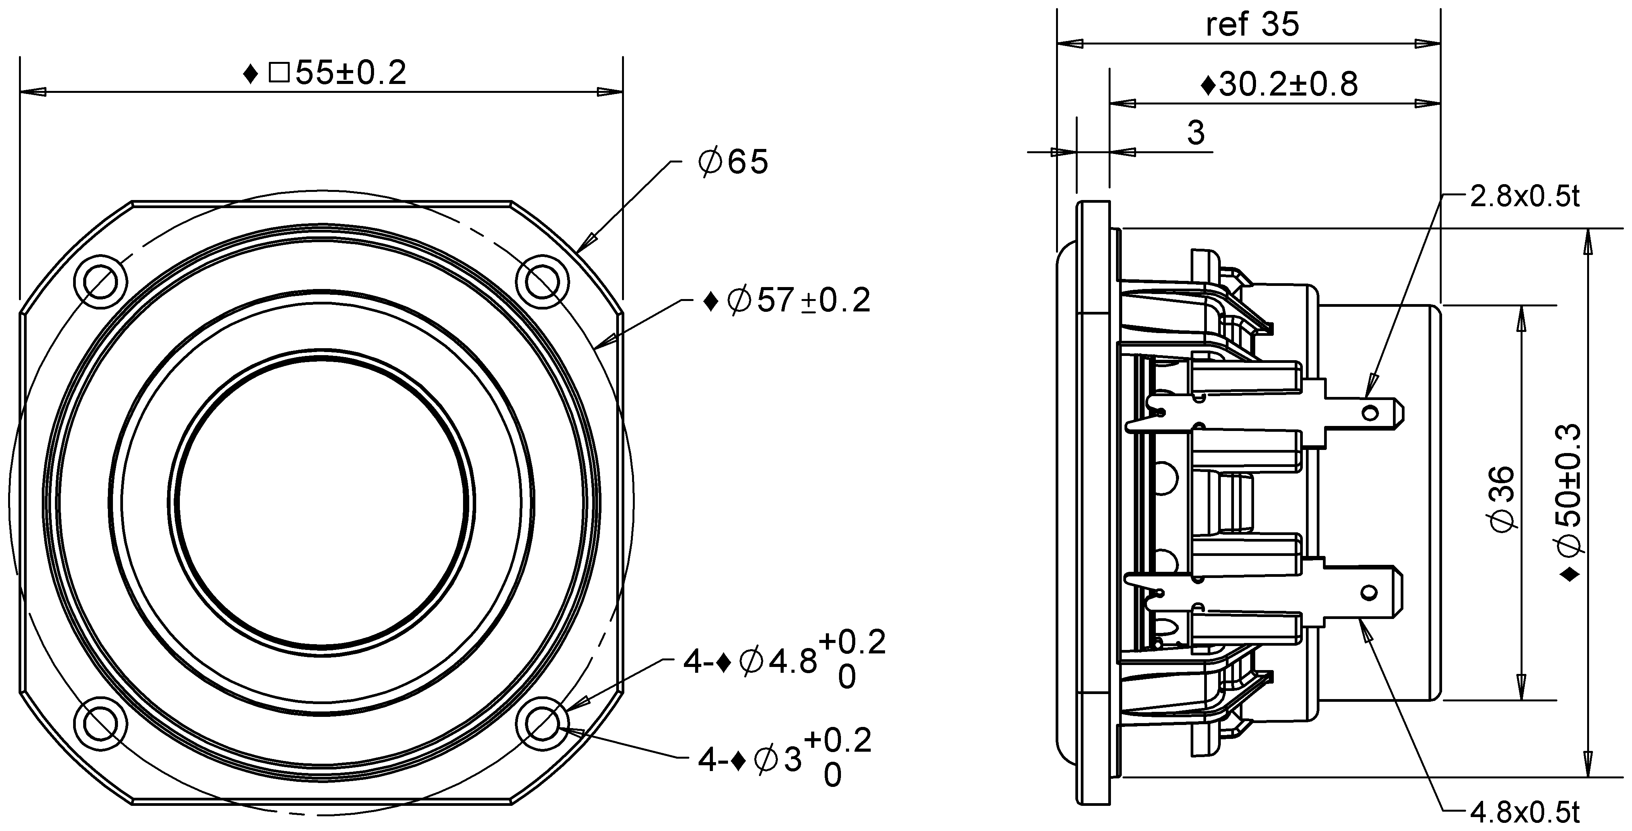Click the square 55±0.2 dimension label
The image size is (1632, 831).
pos(325,74)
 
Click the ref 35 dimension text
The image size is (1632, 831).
pos(1252,25)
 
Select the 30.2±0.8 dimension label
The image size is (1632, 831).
pos(1279,85)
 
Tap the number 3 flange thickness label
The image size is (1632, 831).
pos(1196,133)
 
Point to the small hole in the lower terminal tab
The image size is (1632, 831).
pos(1370,593)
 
